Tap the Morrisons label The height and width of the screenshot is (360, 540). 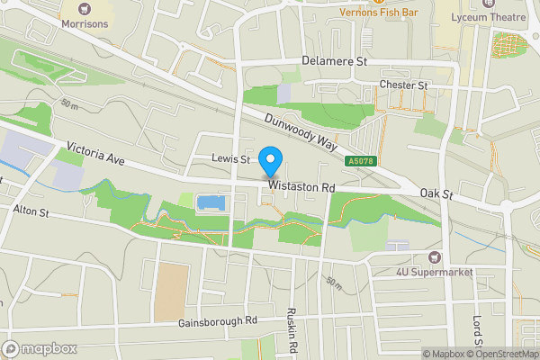click(85, 24)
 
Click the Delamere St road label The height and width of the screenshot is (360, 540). click(336, 61)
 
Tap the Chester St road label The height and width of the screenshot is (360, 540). click(402, 85)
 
